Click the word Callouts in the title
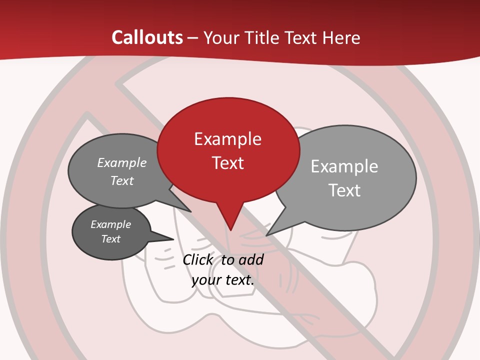[147, 37]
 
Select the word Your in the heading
[220, 38]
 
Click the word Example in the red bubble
[227, 138]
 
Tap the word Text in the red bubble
[227, 163]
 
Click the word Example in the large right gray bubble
[344, 166]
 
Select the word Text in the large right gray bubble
[344, 190]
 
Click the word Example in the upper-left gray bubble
[121, 162]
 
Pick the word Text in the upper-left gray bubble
[121, 180]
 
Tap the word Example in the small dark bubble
[110, 224]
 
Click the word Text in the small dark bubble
[110, 239]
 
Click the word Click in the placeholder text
[197, 259]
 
